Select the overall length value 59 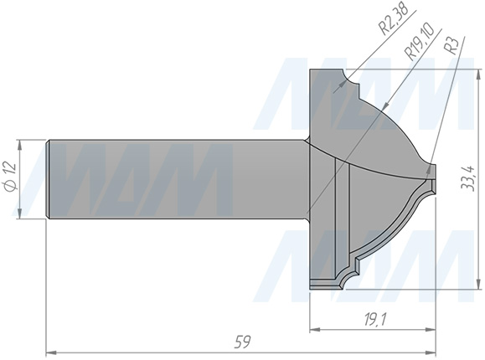click(x=241, y=342)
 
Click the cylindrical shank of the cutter click(x=176, y=179)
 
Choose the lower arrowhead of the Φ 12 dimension click(x=23, y=217)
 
